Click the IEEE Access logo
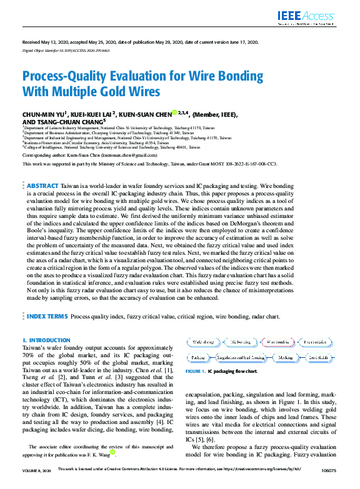tap(315, 17)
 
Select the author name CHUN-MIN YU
tap(44, 114)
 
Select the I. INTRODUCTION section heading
tap(42, 340)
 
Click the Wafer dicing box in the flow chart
tap(203, 342)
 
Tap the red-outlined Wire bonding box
tap(278, 342)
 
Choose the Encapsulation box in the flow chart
tap(315, 342)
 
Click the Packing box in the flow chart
tap(198, 357)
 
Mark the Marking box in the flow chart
tap(286, 357)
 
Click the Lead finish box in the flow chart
tap(317, 357)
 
